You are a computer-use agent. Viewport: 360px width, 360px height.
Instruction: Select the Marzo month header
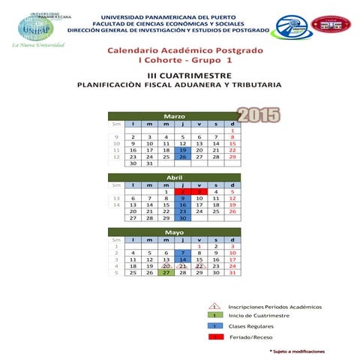175,116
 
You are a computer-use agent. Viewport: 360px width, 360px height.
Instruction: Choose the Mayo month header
175,232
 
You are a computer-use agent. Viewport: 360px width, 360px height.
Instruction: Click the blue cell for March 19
183,150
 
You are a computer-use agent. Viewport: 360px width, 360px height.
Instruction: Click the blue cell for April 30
183,218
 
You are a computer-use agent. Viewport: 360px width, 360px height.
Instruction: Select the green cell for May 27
166,273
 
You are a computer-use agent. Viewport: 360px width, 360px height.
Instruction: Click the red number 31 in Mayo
232,273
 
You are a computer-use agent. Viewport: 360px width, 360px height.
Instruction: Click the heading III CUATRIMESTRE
180,75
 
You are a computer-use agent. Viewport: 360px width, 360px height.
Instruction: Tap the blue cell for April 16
183,205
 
